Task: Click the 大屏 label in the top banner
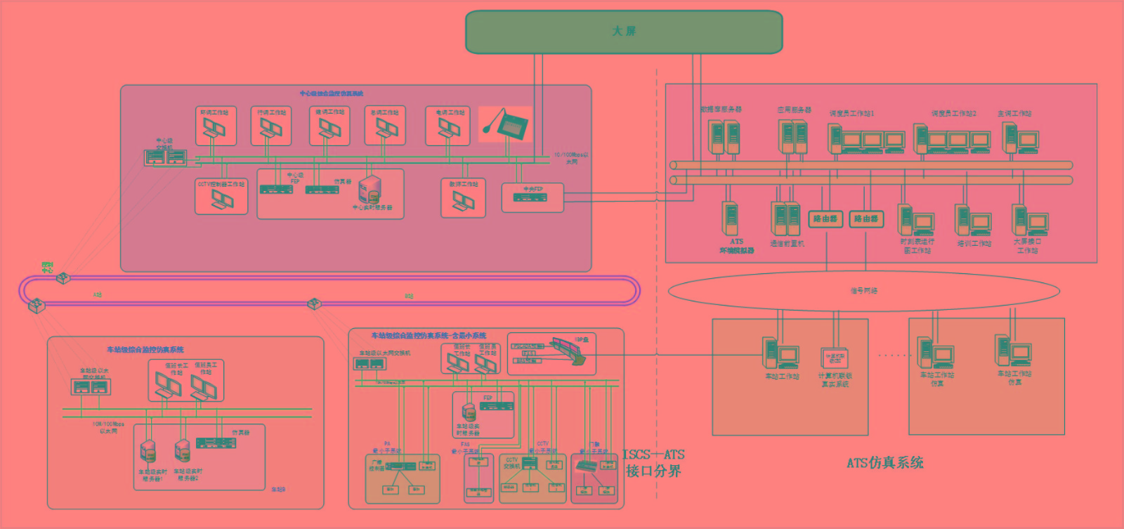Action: [624, 32]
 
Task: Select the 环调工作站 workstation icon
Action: [215, 129]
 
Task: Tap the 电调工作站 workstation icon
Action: [449, 129]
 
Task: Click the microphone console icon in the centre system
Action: [506, 124]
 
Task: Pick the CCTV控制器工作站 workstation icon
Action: [222, 200]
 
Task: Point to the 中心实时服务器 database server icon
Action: [370, 190]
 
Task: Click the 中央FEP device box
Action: [532, 198]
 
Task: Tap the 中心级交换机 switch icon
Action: [166, 157]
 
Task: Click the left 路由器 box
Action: [825, 219]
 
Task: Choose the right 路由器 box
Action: [866, 219]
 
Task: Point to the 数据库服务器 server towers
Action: [724, 137]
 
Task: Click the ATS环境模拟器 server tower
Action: [731, 219]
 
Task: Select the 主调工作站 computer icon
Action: [1019, 137]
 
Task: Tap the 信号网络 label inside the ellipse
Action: [863, 290]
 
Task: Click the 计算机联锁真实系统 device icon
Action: [835, 358]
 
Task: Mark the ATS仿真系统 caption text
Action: [884, 462]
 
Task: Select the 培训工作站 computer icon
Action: [973, 221]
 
